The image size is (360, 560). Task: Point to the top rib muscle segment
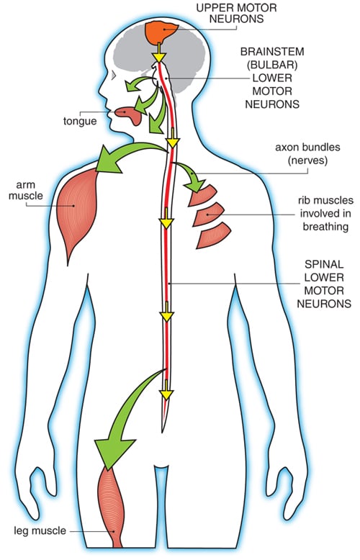coord(202,195)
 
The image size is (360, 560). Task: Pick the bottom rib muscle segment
coord(214,235)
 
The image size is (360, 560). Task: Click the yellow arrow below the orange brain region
coord(158,53)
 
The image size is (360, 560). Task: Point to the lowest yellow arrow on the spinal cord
coord(166,390)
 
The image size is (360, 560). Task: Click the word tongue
coord(80,121)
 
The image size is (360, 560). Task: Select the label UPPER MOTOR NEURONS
coord(236,13)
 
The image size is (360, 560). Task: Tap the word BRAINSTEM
coord(272,52)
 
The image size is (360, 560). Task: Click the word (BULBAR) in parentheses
coord(272,65)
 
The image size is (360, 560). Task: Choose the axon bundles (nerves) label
coord(307,153)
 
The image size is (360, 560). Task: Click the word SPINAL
coord(324,264)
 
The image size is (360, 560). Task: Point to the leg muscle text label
coord(40,530)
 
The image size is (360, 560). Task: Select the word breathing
coord(325,227)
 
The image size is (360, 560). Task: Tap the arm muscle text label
coord(26,190)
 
